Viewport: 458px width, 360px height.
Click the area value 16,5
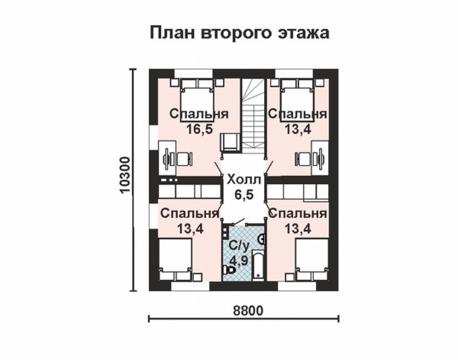(x=199, y=129)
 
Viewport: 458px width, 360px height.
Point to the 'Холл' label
(x=243, y=179)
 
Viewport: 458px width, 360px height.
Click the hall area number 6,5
(x=243, y=195)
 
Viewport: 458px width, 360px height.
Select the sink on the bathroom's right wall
(x=262, y=239)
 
